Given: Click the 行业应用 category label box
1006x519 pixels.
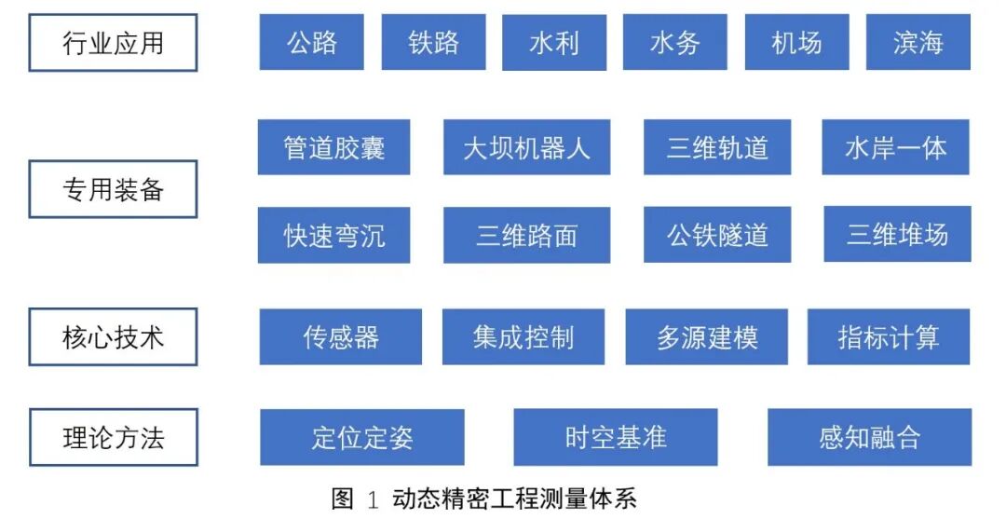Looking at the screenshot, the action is tap(113, 43).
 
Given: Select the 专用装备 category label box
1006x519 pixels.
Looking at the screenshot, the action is tap(113, 189).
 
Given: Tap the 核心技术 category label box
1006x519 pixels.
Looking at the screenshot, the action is tap(113, 336).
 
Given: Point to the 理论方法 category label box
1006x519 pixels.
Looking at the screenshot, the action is tap(113, 437).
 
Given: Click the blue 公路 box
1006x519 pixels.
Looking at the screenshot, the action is tap(312, 42).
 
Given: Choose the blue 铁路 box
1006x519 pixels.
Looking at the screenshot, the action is tap(433, 42).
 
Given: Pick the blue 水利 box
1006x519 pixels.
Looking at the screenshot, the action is tap(554, 43).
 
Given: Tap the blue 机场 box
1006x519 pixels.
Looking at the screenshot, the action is tap(796, 42).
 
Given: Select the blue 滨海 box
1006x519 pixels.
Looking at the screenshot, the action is tap(918, 42).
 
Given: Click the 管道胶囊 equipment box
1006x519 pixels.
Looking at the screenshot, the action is tap(333, 147).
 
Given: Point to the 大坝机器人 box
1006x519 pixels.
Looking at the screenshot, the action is tap(526, 147).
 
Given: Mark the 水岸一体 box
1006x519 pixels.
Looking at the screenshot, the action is tap(895, 147).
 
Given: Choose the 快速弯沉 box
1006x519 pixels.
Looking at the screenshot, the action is tap(333, 235).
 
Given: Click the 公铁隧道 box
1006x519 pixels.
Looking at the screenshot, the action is tap(717, 235).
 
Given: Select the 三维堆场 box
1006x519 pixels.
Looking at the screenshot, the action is tap(897, 234).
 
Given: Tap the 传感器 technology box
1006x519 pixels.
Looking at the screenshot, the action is tap(340, 336).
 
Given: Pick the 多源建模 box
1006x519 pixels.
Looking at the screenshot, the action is tap(706, 336).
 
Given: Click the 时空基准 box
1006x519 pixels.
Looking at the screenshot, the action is tap(615, 437).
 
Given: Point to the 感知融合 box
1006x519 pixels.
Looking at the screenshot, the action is tap(869, 437).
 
